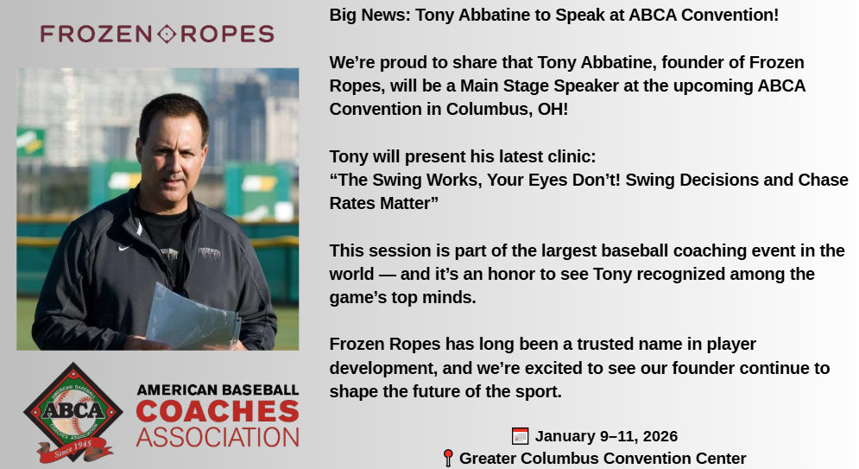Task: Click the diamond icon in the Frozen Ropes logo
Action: coord(167,34)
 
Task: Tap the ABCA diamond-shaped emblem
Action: coord(73,410)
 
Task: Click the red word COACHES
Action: coord(218,411)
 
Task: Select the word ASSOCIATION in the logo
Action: coord(218,438)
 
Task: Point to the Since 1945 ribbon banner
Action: coord(74,450)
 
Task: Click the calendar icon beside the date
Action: coord(520,436)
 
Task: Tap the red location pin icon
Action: coord(447,458)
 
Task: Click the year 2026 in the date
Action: coord(660,436)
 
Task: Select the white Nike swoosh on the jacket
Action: coord(125,248)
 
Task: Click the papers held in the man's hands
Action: coord(193,319)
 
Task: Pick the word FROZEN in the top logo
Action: coord(96,34)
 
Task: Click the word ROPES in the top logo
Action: coord(227,34)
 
